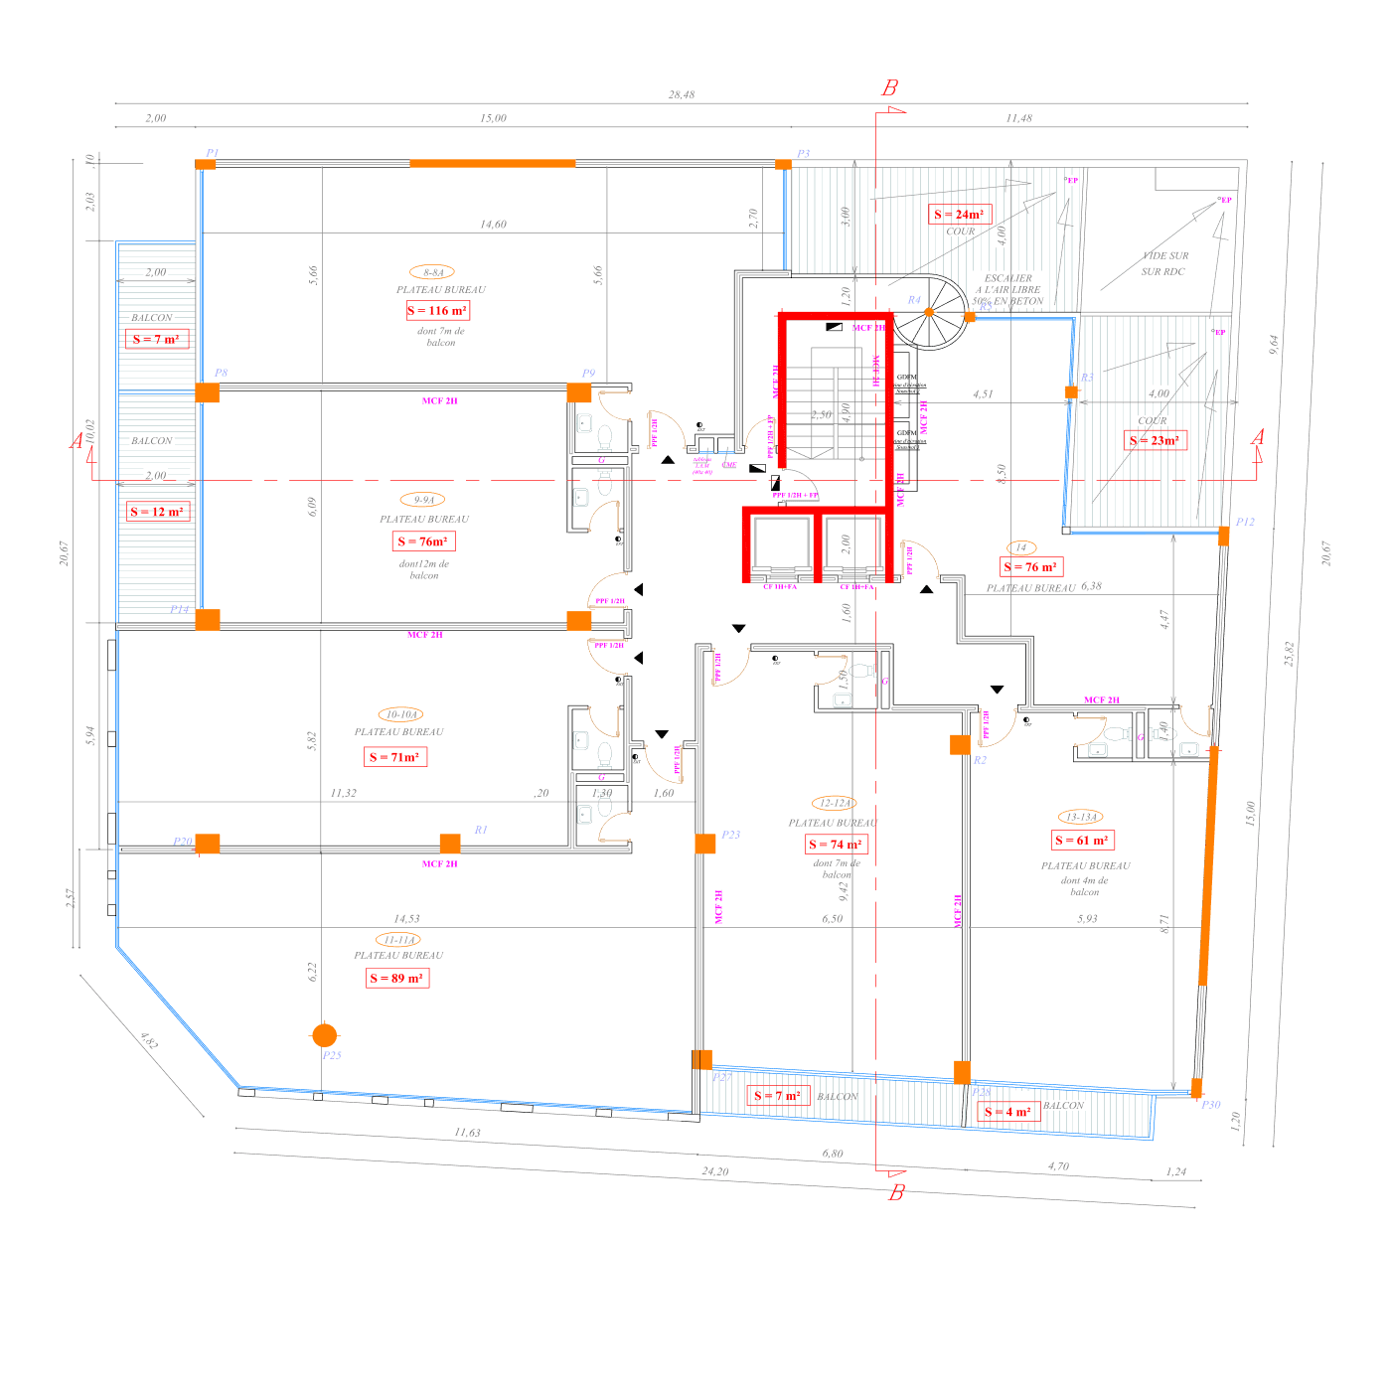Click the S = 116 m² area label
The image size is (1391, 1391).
pos(437,311)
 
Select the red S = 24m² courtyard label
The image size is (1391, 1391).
pos(959,215)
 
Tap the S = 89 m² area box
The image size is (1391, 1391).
pos(396,979)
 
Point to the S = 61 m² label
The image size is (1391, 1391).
pos(1083,841)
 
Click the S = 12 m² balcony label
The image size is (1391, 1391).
pos(157,513)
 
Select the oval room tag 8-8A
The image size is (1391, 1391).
pos(433,272)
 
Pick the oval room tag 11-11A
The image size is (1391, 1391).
pos(399,940)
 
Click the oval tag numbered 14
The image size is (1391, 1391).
pos(1021,547)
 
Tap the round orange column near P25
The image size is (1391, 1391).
pos(325,1035)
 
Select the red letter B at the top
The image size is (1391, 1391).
pos(890,88)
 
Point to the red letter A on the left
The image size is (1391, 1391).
pos(77,441)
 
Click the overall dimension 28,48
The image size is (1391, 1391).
pos(682,95)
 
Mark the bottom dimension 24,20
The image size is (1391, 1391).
pos(714,1172)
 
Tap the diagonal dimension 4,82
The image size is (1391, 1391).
pos(149,1041)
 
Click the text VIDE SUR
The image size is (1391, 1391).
pos(1165,256)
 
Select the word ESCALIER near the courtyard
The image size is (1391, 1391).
pos(1008,279)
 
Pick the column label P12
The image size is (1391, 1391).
pos(1245,523)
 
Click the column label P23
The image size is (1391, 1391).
pos(731,836)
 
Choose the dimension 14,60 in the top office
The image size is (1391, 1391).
pos(494,225)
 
